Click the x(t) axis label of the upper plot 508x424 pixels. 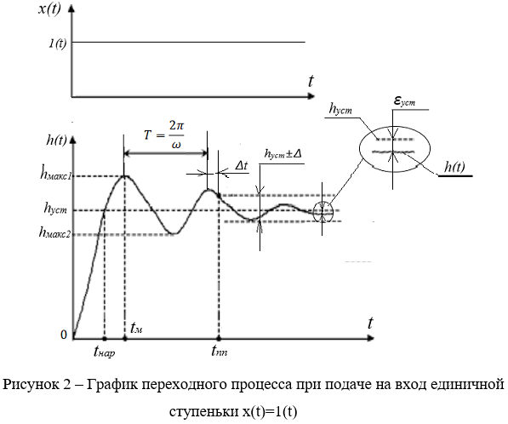coord(49,9)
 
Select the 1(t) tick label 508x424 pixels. coord(58,43)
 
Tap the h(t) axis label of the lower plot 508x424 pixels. coord(56,140)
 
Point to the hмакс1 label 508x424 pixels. coord(55,173)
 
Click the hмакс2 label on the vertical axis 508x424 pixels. coord(54,232)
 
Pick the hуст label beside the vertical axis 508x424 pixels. coord(55,208)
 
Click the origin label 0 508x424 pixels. coord(64,335)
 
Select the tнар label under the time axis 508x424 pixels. coord(104,352)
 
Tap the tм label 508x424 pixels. coord(136,328)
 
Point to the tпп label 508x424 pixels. coord(219,351)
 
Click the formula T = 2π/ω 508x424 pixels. coord(164,135)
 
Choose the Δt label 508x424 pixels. coord(242,166)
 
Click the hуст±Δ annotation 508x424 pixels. coord(283,153)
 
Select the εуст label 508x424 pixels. coord(404,101)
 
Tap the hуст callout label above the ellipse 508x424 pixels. coord(340,109)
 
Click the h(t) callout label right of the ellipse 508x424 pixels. coord(454,167)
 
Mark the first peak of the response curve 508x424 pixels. coord(124,176)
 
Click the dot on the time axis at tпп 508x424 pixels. coord(219,339)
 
